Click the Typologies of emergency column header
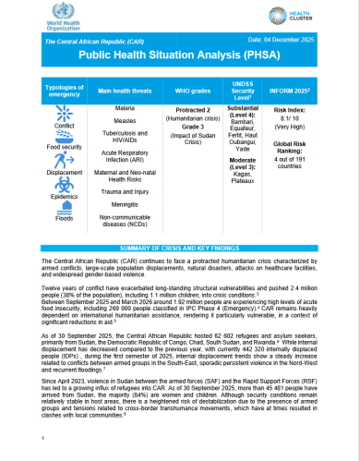(44, 91)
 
